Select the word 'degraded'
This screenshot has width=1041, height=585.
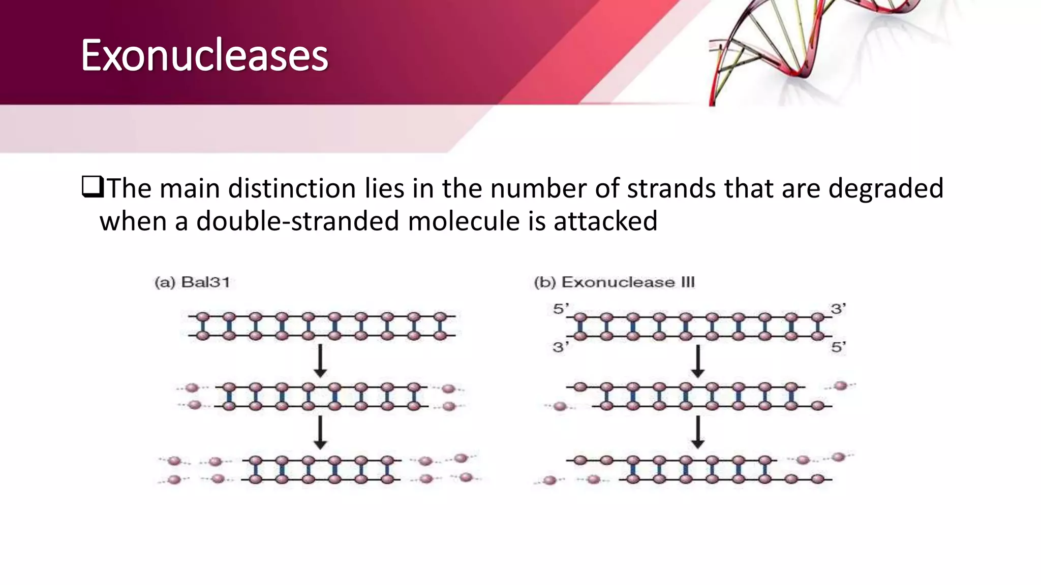click(885, 189)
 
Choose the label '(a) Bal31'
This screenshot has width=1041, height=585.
click(192, 282)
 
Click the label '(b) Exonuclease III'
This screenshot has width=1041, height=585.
click(614, 282)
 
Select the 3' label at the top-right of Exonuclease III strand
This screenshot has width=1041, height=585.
click(838, 309)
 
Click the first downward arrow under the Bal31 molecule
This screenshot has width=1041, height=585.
click(320, 361)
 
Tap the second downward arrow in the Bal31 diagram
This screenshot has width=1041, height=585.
click(320, 433)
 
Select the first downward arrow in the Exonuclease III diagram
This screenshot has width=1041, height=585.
click(698, 361)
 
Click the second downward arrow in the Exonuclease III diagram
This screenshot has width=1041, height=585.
click(698, 433)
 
